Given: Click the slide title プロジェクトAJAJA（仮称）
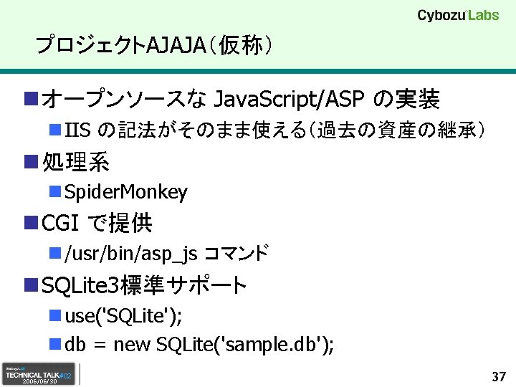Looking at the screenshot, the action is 153,47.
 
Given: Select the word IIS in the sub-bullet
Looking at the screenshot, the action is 77,130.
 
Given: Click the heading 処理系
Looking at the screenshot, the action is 76,162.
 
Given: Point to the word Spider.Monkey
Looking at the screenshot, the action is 126,192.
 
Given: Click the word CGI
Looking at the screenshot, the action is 60,224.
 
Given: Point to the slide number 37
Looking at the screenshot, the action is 499,376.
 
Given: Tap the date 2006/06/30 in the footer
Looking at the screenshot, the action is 39,382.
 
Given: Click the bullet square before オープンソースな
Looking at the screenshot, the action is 31,99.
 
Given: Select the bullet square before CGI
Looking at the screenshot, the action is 31,224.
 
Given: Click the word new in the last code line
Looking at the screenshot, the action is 131,345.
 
